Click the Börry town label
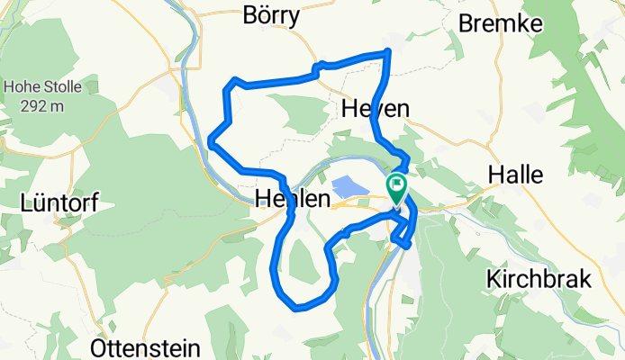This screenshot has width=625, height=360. [x=271, y=16]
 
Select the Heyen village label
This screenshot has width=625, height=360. [x=376, y=109]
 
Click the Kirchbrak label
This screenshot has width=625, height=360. [x=539, y=279]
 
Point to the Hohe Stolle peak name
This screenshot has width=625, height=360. [x=43, y=88]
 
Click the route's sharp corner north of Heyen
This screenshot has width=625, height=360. [x=388, y=51]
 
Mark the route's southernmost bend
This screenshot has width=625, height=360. [x=296, y=307]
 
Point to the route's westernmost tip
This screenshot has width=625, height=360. [x=210, y=140]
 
